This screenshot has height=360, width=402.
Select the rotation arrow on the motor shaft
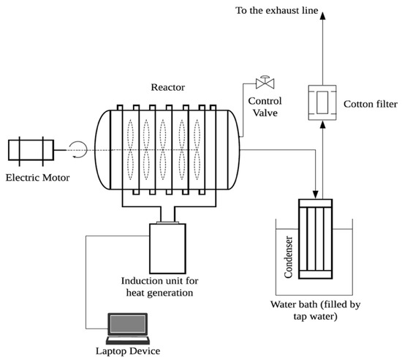click(80, 151)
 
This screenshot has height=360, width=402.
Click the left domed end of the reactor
click(102, 150)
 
